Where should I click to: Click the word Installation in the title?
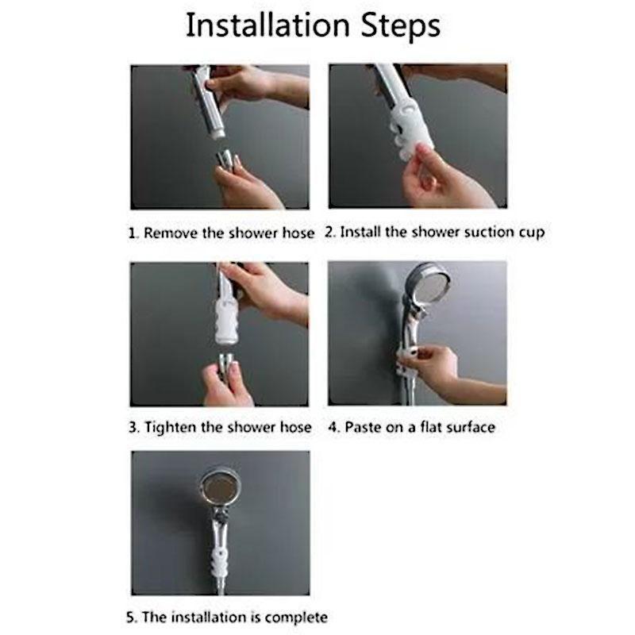pyautogui.click(x=267, y=25)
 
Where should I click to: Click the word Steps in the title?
pyautogui.click(x=401, y=27)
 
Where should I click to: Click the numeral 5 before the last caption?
pyautogui.click(x=130, y=618)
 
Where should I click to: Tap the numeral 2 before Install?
pyautogui.click(x=329, y=232)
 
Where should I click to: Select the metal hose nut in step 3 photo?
pyautogui.click(x=226, y=363)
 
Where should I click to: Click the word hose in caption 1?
pyautogui.click(x=298, y=233)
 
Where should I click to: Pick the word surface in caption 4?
pyautogui.click(x=470, y=427)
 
